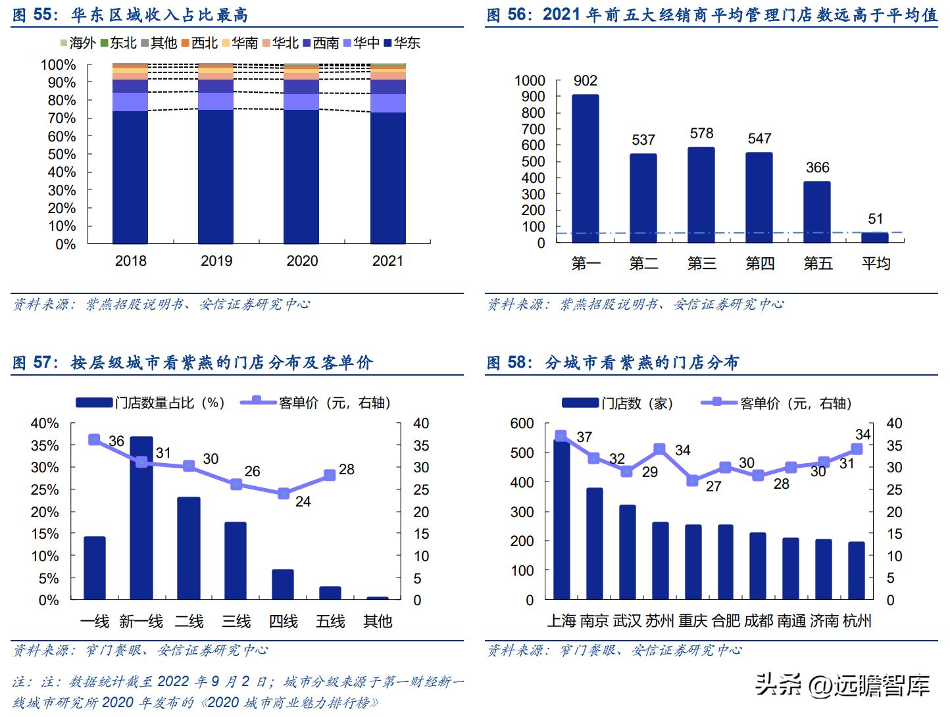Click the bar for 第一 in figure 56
pyautogui.click(x=585, y=169)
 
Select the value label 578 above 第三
pyautogui.click(x=701, y=134)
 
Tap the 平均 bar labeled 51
pyautogui.click(x=875, y=237)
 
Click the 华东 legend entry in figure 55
pyautogui.click(x=402, y=43)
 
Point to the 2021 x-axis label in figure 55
pyautogui.click(x=387, y=261)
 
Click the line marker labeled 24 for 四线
pyautogui.click(x=284, y=493)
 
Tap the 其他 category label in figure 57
pyautogui.click(x=378, y=622)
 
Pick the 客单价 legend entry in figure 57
pyautogui.click(x=316, y=403)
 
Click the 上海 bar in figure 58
pyautogui.click(x=561, y=520)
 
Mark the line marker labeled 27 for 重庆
pyautogui.click(x=692, y=481)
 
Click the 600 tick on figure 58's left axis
pyautogui.click(x=522, y=424)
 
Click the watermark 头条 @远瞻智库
pyautogui.click(x=842, y=685)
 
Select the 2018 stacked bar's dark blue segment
pyautogui.click(x=130, y=178)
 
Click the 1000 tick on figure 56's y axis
pyautogui.click(x=530, y=81)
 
